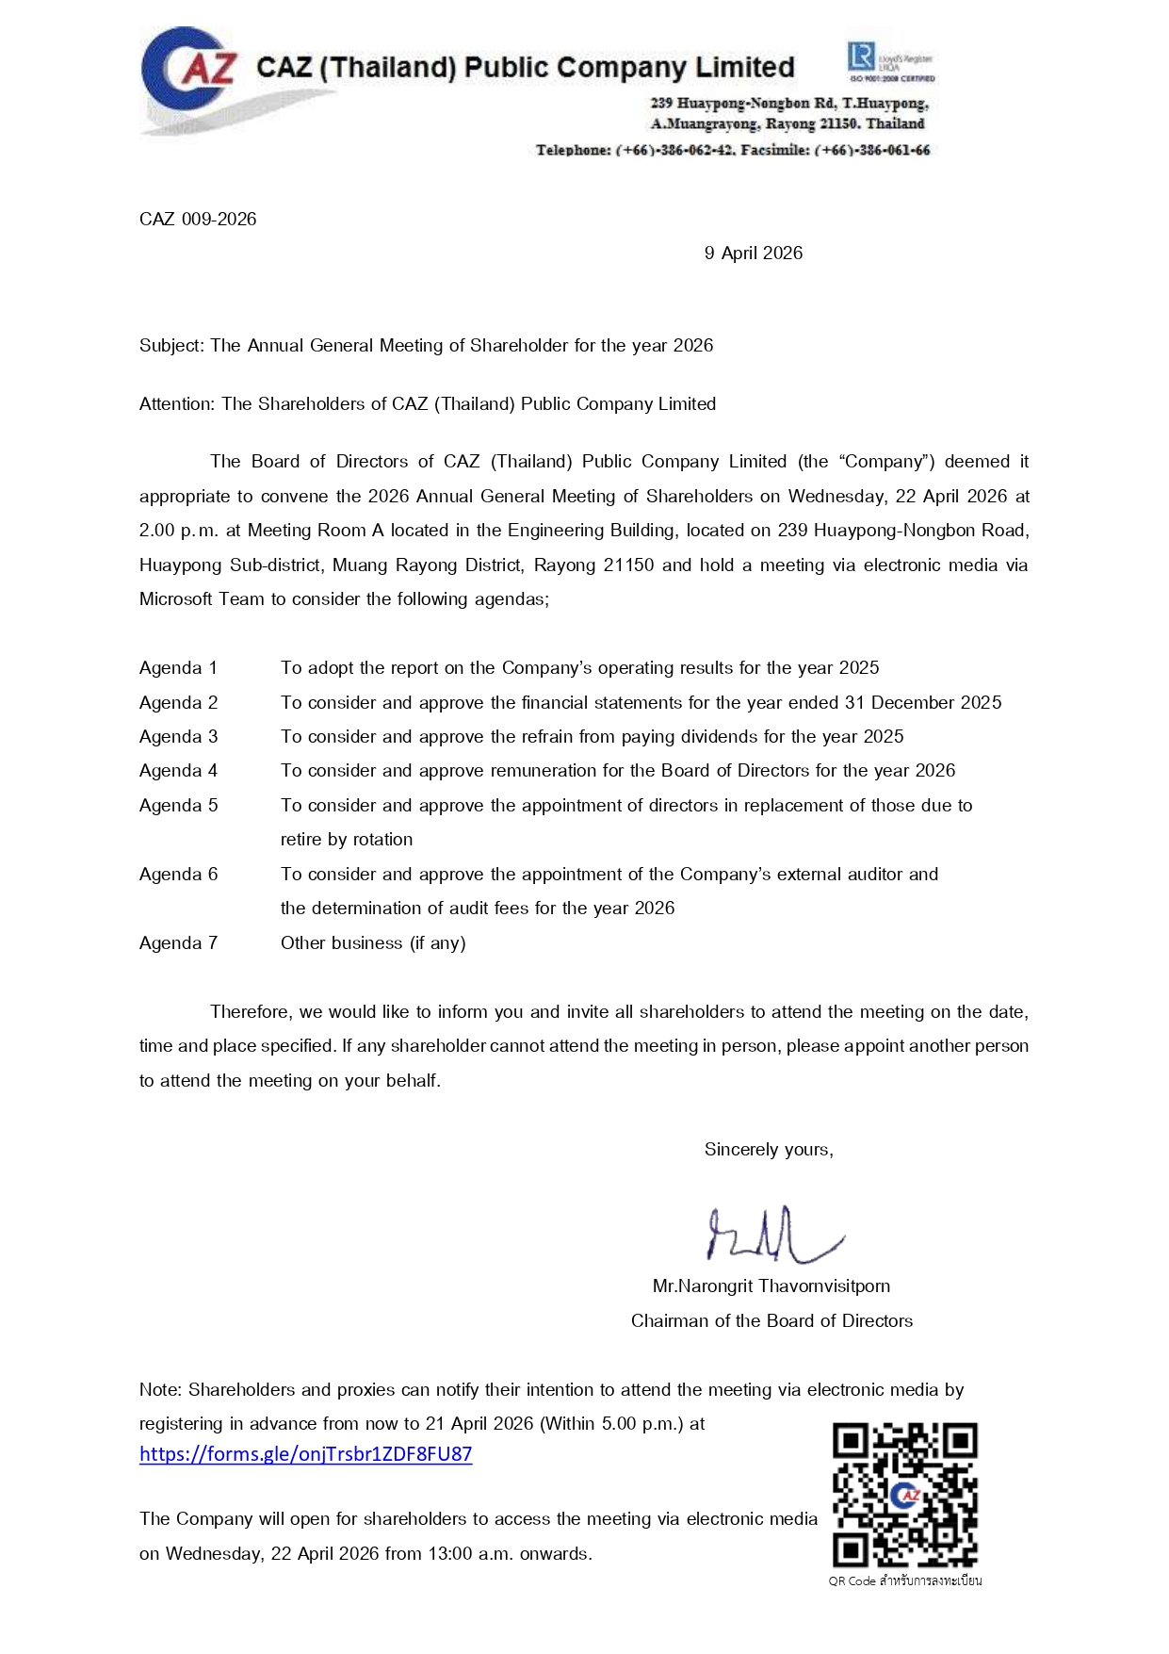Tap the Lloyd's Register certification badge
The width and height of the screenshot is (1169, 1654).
pyautogui.click(x=890, y=61)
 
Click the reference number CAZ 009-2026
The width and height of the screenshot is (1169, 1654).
pyautogui.click(x=198, y=220)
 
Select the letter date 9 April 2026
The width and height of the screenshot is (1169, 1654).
pyautogui.click(x=754, y=254)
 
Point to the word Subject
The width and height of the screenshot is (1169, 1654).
pyautogui.click(x=170, y=346)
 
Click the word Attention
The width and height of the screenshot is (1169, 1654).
pyautogui.click(x=176, y=404)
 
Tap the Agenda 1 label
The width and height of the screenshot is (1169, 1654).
pyautogui.click(x=178, y=668)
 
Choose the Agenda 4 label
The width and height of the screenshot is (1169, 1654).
pyautogui.click(x=178, y=771)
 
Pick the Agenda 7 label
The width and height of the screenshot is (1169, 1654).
pyautogui.click(x=178, y=943)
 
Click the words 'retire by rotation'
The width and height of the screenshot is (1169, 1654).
pyautogui.click(x=347, y=840)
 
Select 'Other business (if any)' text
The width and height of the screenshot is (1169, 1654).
pyautogui.click(x=373, y=943)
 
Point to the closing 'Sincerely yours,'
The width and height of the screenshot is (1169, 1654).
pyautogui.click(x=769, y=1150)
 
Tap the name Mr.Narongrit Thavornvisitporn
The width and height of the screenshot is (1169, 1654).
pyautogui.click(x=771, y=1286)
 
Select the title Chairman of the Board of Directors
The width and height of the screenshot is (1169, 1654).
pyautogui.click(x=771, y=1321)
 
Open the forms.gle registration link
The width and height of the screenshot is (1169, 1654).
pyautogui.click(x=305, y=1454)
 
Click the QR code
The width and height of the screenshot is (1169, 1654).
pyautogui.click(x=904, y=1494)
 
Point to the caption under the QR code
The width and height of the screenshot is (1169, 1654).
pyautogui.click(x=904, y=1580)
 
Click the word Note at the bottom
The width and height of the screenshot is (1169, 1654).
pyautogui.click(x=159, y=1390)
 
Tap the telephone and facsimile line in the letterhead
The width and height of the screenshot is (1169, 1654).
pyautogui.click(x=732, y=151)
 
